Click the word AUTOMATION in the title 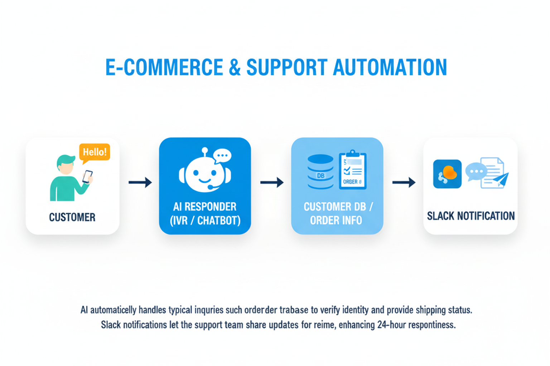[x=390, y=67]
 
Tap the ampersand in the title [x=235, y=67]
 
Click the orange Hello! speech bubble [x=95, y=152]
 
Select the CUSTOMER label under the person [x=72, y=217]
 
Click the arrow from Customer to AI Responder [x=140, y=182]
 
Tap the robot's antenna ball [x=204, y=150]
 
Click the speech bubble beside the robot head [x=222, y=156]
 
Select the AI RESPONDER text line [x=205, y=207]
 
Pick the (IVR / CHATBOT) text [x=205, y=220]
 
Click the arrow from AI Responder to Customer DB [x=272, y=182]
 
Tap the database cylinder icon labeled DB [x=320, y=172]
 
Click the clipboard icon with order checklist [x=352, y=170]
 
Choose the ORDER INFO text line [x=336, y=220]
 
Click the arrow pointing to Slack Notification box [x=404, y=182]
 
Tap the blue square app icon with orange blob [x=447, y=174]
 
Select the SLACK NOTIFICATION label [x=471, y=216]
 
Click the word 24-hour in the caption [x=391, y=325]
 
